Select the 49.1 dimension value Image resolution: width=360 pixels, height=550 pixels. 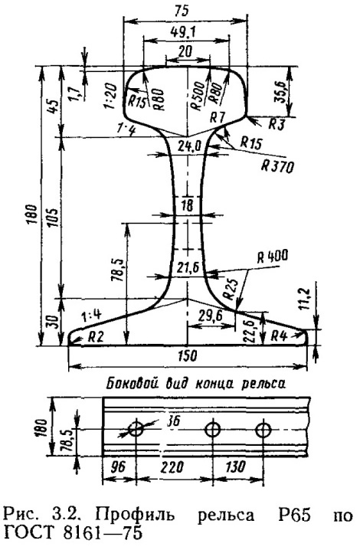[x=184, y=33]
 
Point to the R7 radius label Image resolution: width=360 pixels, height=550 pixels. [x=217, y=118]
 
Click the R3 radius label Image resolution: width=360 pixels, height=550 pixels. [x=277, y=124]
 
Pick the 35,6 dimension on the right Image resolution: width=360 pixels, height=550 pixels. [x=280, y=91]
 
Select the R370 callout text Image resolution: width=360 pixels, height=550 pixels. [x=277, y=166]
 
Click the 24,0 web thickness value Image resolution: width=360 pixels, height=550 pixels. [x=188, y=146]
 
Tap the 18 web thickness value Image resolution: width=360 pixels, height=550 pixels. [x=188, y=205]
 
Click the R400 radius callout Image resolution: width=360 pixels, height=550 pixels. [x=272, y=257]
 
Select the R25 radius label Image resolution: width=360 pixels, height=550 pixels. [x=230, y=289]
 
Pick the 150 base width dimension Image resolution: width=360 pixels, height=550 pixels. [x=188, y=355]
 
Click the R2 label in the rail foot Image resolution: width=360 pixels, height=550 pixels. [x=96, y=337]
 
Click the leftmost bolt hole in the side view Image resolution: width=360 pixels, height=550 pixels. [x=136, y=429]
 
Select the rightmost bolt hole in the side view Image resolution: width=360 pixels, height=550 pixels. [x=263, y=429]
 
